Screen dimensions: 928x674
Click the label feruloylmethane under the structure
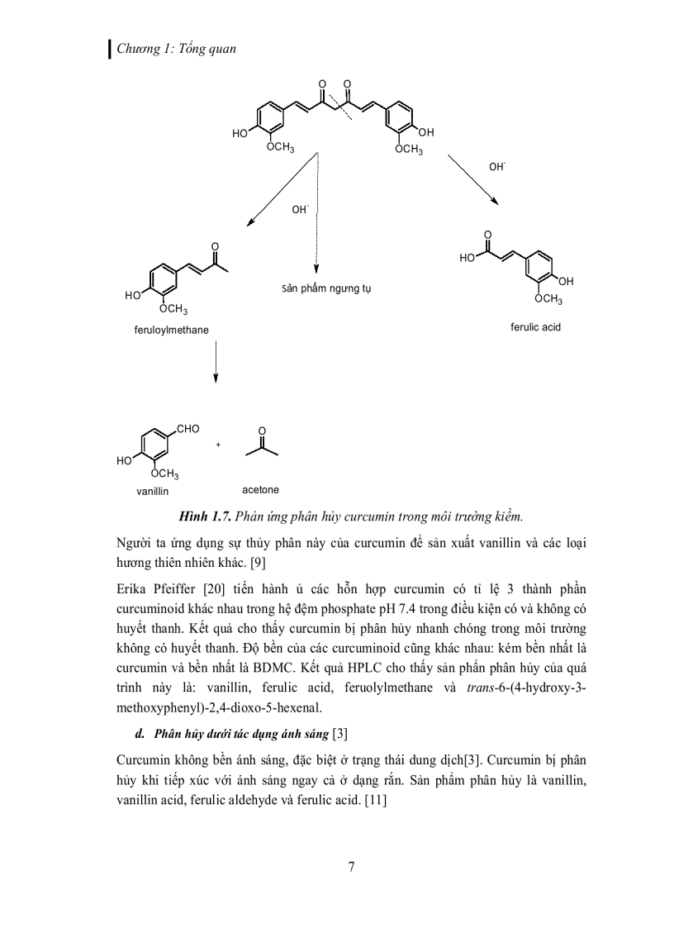[171, 330]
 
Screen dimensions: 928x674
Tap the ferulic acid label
[535, 327]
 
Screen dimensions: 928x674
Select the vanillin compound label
[152, 491]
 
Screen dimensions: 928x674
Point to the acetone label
[260, 489]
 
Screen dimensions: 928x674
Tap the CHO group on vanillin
[188, 429]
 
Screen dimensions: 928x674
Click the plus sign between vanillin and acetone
[219, 445]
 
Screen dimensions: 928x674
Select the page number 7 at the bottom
[352, 866]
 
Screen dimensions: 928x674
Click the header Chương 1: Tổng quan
[176, 49]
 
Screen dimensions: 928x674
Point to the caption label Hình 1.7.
[202, 517]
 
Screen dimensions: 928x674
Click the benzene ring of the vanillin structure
[154, 447]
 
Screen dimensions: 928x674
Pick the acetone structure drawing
[262, 447]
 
